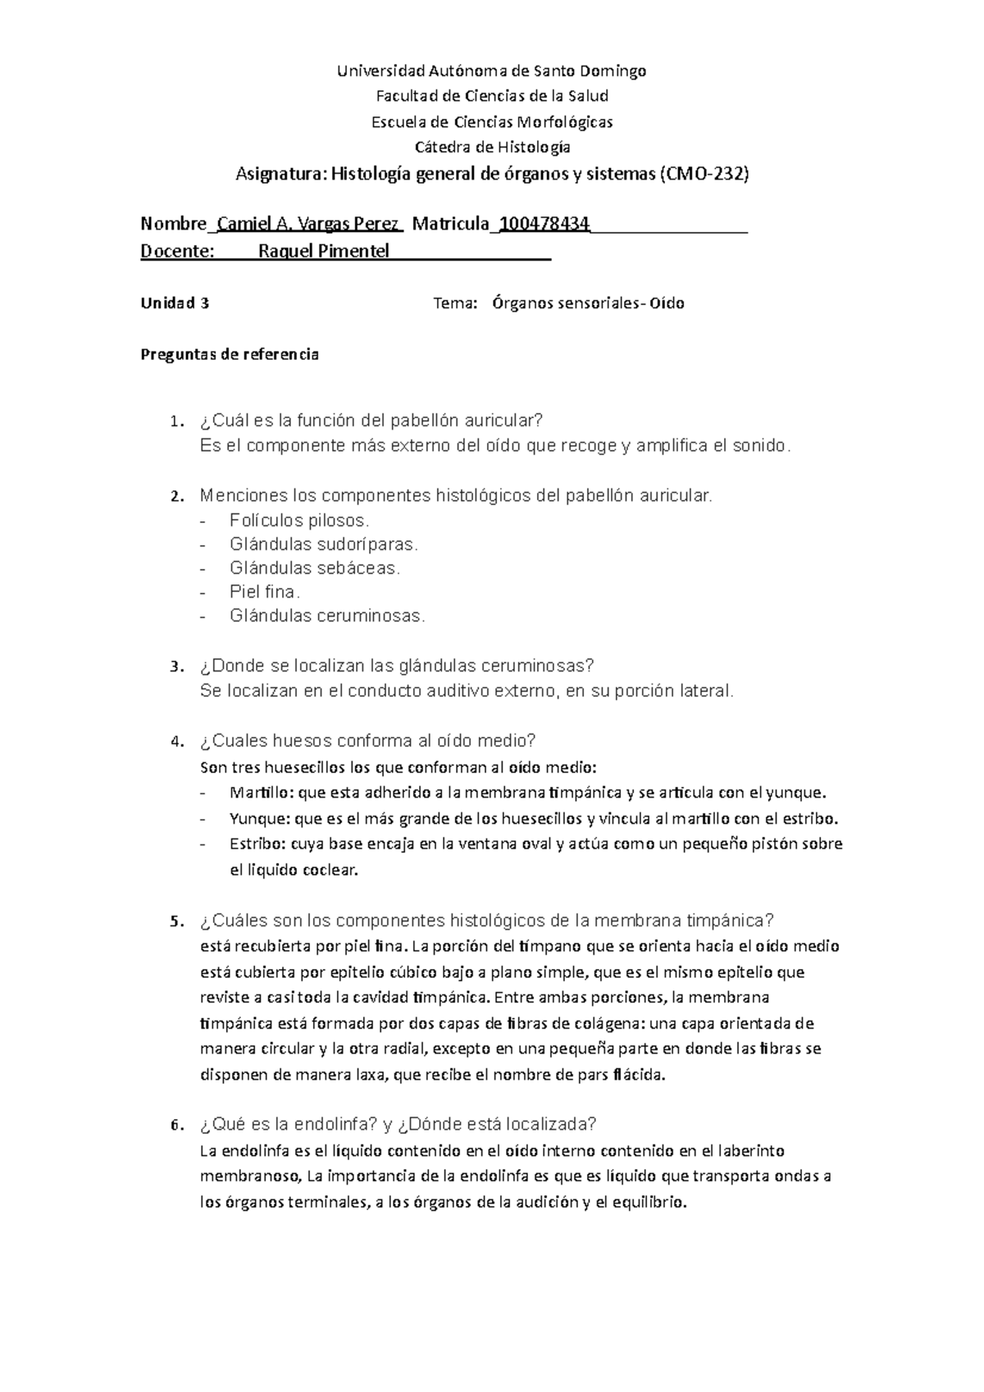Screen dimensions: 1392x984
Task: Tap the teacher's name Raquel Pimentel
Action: pyautogui.click(x=323, y=251)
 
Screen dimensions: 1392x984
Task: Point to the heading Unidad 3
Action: pyautogui.click(x=175, y=303)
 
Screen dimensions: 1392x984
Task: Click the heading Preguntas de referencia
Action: pyautogui.click(x=230, y=355)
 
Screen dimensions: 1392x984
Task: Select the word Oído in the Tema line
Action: pyautogui.click(x=667, y=303)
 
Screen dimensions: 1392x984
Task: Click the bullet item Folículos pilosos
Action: pyautogui.click(x=300, y=521)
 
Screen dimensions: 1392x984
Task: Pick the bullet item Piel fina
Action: pyautogui.click(x=265, y=592)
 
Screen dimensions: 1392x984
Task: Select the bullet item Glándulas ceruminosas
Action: pyautogui.click(x=328, y=616)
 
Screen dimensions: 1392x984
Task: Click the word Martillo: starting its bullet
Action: pyautogui.click(x=262, y=793)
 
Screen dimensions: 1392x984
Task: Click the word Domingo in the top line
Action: pyautogui.click(x=614, y=71)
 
